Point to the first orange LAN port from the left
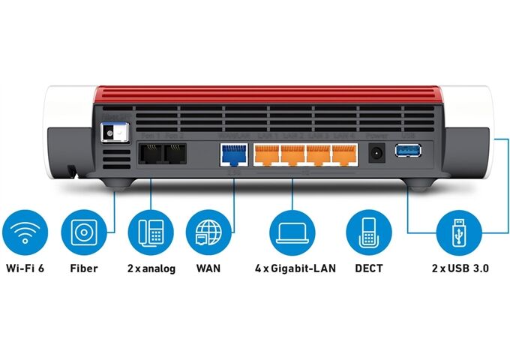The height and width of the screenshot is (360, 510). click(266, 156)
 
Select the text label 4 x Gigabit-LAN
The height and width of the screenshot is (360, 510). click(295, 268)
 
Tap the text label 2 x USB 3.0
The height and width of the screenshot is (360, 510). click(460, 268)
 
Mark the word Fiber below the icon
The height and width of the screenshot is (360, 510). click(83, 268)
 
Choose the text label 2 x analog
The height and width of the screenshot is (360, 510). click(151, 268)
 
